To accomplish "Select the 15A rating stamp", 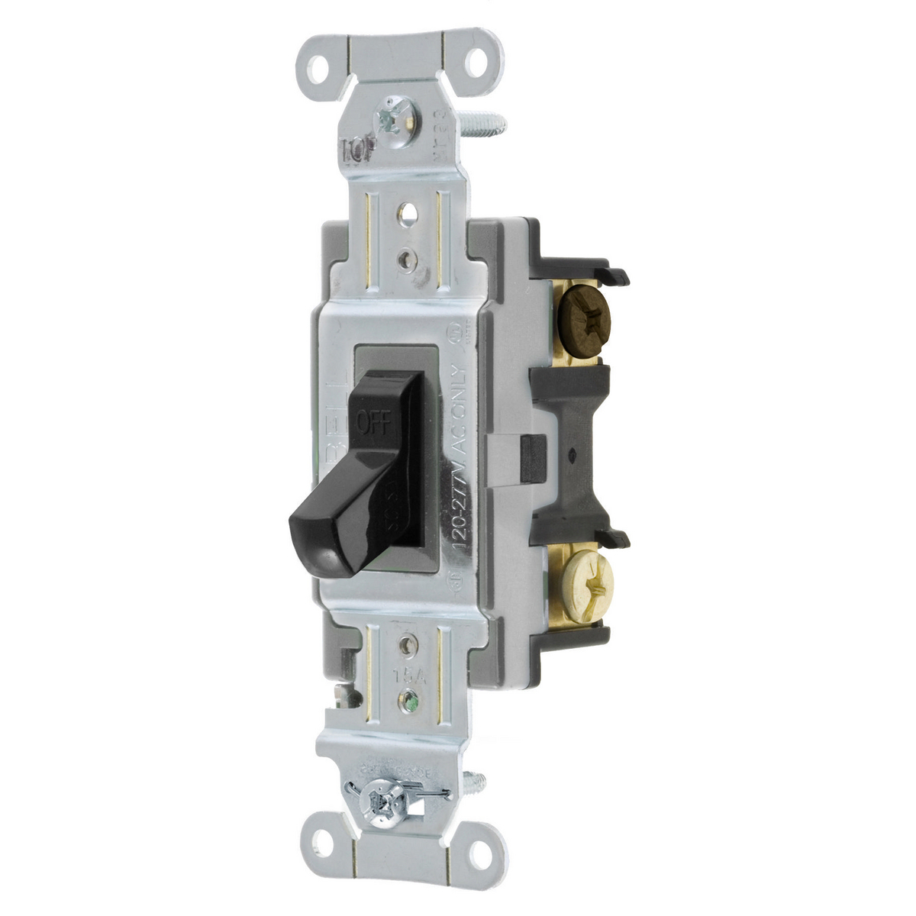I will point(405,676).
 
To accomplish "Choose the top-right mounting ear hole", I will point(478,62).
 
